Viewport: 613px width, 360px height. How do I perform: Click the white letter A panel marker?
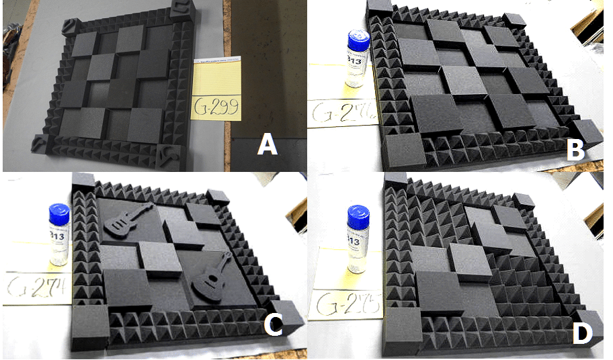pyautogui.click(x=267, y=145)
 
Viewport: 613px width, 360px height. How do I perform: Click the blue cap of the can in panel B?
pyautogui.click(x=354, y=40)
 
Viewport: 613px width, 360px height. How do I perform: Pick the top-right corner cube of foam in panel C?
pyautogui.click(x=219, y=197)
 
